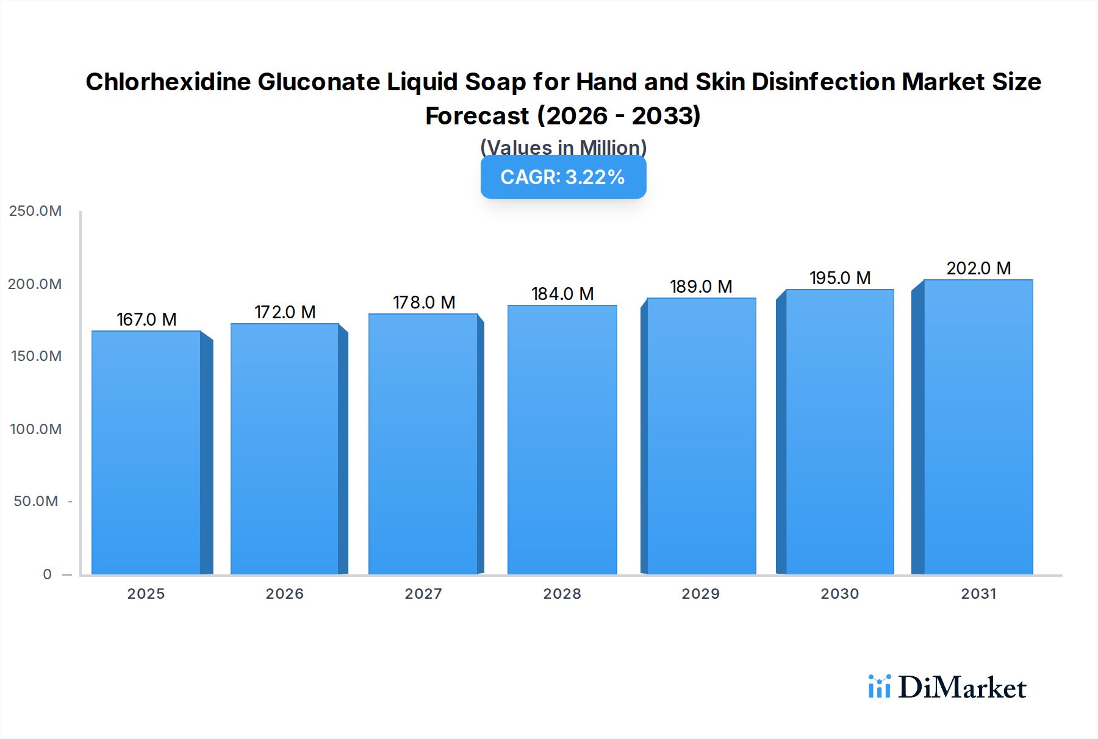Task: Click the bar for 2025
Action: point(146,452)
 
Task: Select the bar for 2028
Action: point(562,440)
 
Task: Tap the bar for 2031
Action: point(978,427)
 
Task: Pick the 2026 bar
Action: point(284,449)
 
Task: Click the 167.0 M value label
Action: point(146,320)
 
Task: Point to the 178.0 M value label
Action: point(424,302)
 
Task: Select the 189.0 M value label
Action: point(701,287)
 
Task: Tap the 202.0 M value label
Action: point(978,268)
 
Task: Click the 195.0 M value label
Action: point(840,278)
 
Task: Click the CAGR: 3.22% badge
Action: point(563,177)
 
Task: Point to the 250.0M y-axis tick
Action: point(35,211)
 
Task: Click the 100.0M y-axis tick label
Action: point(35,429)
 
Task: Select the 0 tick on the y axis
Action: point(47,574)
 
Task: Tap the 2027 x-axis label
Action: point(423,594)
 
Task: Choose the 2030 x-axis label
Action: point(840,594)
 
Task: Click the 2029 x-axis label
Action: point(701,594)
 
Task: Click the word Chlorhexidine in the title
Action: point(168,82)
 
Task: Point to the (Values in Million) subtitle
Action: point(563,148)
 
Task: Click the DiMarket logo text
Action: point(962,688)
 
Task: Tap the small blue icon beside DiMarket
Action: point(879,687)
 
